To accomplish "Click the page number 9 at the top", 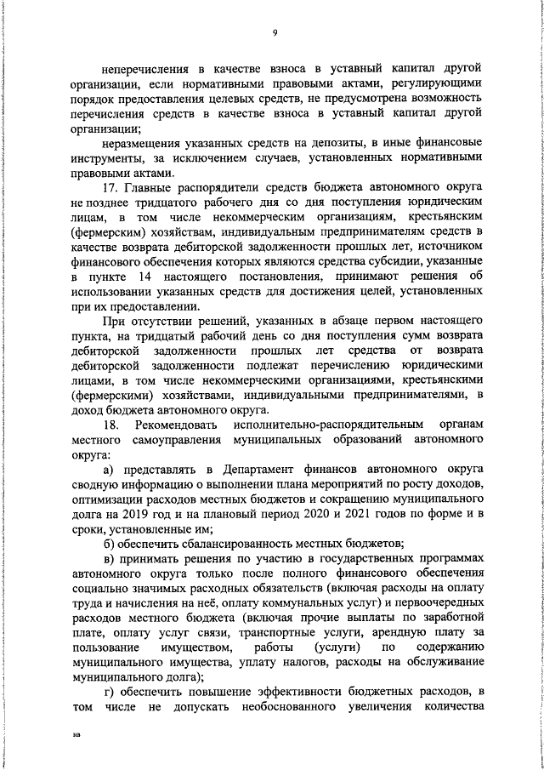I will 275,33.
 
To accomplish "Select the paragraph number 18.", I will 110,423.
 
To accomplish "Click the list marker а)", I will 108,469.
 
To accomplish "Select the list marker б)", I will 108,545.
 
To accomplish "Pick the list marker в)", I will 108,559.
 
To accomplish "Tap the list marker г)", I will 108,696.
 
